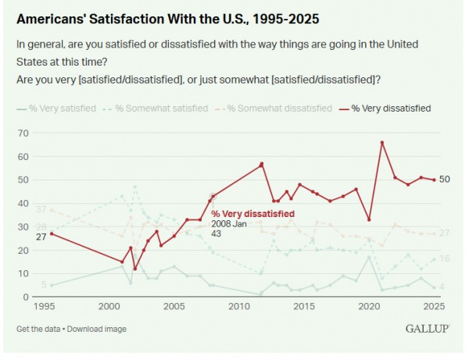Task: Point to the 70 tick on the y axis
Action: tap(23, 134)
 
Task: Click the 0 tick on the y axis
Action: tap(25, 298)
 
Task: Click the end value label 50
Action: tap(445, 180)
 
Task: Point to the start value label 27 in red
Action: tap(41, 236)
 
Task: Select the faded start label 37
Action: tap(41, 209)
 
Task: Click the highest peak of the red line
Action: tap(381, 142)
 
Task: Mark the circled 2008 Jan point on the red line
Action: tap(211, 197)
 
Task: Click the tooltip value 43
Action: tap(217, 233)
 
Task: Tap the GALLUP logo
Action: tap(427, 329)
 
